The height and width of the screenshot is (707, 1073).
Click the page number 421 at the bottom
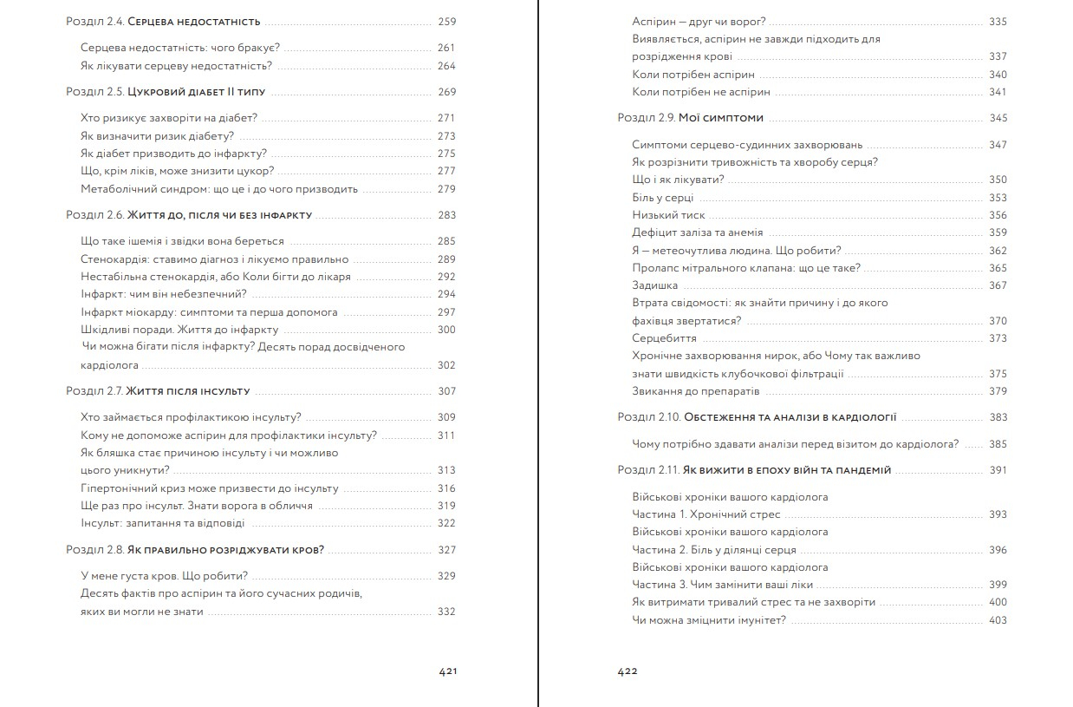447,671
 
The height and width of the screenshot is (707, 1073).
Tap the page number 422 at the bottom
628,671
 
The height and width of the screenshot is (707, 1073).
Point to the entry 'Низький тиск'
668,215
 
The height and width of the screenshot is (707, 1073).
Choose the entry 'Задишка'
654,285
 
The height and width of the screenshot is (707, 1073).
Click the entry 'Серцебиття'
664,338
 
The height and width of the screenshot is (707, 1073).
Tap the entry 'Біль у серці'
663,198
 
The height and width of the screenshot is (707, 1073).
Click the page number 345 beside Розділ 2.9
998,118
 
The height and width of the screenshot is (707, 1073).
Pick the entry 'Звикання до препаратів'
690,391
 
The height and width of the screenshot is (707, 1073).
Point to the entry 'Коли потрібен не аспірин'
700,92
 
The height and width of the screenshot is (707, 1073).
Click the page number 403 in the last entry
998,620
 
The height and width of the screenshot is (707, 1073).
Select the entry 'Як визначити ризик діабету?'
158,136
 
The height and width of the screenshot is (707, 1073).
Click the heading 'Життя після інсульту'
188,391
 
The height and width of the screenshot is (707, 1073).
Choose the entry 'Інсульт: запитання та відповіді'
162,523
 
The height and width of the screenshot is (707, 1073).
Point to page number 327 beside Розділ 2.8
446,550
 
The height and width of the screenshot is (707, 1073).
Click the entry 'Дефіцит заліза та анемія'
697,232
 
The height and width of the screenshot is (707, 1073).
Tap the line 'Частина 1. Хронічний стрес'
706,514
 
